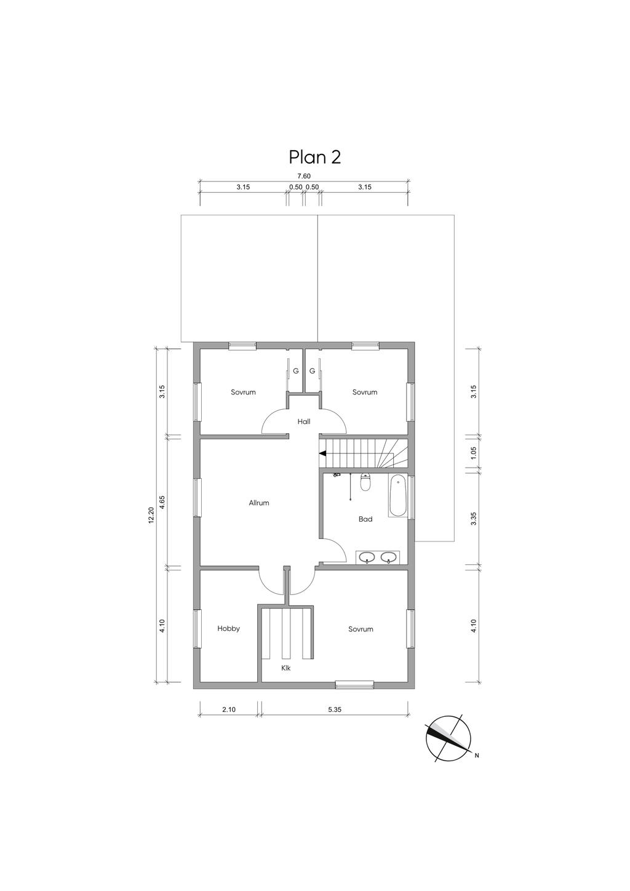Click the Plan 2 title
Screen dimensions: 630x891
314,158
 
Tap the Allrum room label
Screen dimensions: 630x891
259,503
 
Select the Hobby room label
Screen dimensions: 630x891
229,629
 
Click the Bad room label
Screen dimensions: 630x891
365,519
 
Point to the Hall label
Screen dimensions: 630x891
304,422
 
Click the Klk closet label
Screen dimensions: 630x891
286,668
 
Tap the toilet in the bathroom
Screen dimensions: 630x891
365,482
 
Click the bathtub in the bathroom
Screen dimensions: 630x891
397,496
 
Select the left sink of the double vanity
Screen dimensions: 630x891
366,558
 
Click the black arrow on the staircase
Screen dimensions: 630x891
322,453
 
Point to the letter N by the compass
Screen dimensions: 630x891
476,756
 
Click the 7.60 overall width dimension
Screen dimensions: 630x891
304,176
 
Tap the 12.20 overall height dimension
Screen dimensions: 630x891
151,516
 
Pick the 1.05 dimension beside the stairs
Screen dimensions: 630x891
473,453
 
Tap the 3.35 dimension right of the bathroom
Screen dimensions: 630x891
473,519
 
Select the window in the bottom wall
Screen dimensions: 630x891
354,685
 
